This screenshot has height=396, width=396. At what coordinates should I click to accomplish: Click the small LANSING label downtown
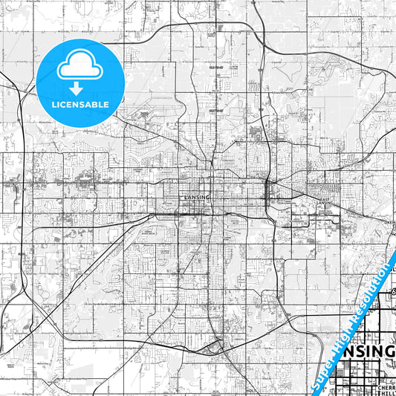coord(197,197)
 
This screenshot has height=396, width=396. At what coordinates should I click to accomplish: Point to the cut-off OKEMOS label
coord(391,221)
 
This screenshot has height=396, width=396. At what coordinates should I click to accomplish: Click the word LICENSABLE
coord(79,105)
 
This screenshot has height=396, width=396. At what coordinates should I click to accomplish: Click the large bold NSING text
coord(369,351)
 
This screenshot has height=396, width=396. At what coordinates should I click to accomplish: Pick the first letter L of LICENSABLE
coord(53,105)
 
